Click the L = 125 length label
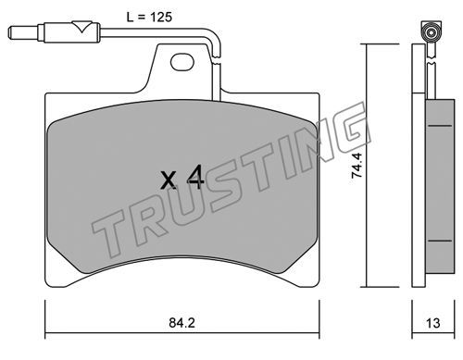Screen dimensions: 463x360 (149, 17)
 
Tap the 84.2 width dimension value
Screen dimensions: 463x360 (182, 323)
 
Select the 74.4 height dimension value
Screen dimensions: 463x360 (357, 167)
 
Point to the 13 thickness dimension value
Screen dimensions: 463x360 (432, 323)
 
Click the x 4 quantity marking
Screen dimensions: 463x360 (182, 178)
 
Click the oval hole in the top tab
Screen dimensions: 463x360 (182, 62)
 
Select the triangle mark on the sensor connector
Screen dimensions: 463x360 (81, 27)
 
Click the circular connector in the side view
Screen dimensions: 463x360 (431, 32)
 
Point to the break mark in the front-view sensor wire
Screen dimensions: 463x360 (217, 60)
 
